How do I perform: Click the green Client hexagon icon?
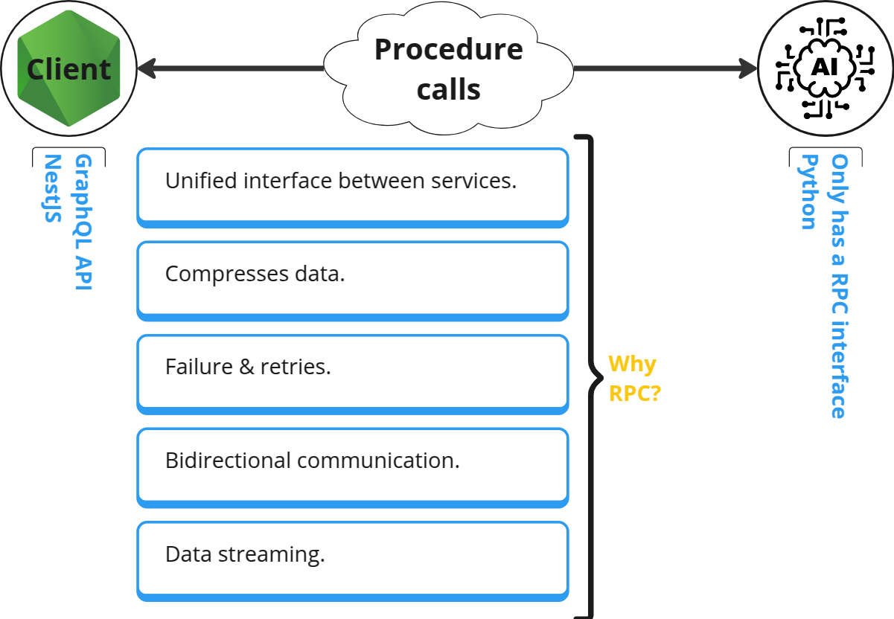pyautogui.click(x=68, y=69)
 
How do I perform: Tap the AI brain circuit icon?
pyautogui.click(x=825, y=68)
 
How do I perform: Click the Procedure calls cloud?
pyautogui.click(x=448, y=69)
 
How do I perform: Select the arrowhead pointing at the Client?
pyautogui.click(x=145, y=69)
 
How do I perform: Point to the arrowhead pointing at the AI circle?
pyautogui.click(x=748, y=69)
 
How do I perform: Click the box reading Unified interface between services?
pyautogui.click(x=352, y=187)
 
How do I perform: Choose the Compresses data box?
pyautogui.click(x=352, y=280)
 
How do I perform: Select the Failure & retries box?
pyautogui.click(x=352, y=373)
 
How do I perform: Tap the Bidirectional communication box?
pyautogui.click(x=352, y=466)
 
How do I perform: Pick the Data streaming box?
pyautogui.click(x=352, y=559)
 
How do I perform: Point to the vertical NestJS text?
pyautogui.click(x=52, y=188)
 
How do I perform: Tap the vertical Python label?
pyautogui.click(x=808, y=192)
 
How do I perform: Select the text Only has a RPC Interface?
pyautogui.click(x=839, y=286)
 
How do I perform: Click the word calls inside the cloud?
pyautogui.click(x=448, y=89)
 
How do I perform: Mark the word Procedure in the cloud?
pyautogui.click(x=448, y=50)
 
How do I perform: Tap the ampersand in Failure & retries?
pyautogui.click(x=246, y=367)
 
